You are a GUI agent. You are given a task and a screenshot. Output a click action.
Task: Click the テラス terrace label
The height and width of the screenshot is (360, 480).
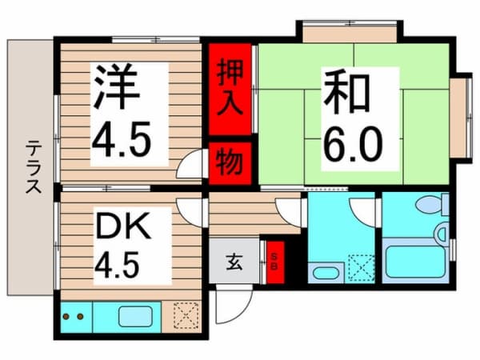pos(33,167)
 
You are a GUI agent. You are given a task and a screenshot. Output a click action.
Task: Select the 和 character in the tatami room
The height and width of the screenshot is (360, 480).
pos(346,91)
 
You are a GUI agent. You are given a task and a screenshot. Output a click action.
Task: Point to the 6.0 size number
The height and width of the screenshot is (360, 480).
pos(353,145)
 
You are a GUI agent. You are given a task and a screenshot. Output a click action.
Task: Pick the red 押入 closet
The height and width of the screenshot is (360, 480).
pos(230,89)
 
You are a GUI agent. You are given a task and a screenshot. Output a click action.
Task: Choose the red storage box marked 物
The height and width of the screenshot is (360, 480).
pos(230,163)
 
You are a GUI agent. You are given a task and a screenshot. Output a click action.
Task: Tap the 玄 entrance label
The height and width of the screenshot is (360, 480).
pos(234,262)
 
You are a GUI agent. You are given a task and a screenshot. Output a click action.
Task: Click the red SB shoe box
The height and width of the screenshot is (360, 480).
pos(275,262)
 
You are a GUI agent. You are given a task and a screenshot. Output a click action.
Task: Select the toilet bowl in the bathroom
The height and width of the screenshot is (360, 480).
pos(432,205)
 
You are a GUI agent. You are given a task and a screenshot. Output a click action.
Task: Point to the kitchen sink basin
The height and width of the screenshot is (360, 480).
pos(135,317)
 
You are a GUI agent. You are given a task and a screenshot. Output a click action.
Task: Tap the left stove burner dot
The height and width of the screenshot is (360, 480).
pos(66,316)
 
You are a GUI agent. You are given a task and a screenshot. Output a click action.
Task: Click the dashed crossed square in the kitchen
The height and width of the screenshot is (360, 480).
pos(186,315)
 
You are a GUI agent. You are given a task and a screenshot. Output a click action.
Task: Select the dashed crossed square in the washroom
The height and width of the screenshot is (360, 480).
pos(362,268)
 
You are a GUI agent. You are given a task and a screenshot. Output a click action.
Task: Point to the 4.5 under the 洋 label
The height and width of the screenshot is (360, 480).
pos(122,138)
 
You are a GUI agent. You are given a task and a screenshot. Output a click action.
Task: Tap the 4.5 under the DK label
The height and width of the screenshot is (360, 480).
pos(118,265)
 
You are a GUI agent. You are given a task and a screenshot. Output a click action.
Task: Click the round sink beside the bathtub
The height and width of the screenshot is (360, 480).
pos(441,234)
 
